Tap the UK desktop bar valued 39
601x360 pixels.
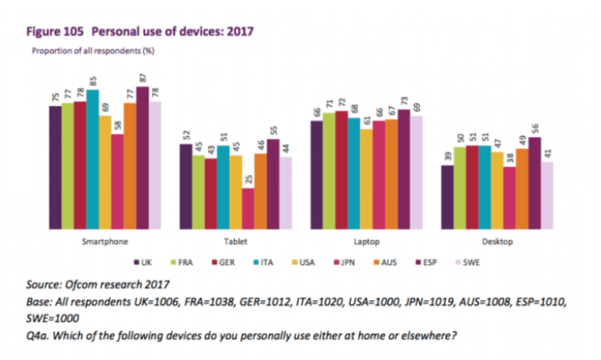click(447, 197)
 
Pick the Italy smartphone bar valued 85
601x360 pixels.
click(93, 159)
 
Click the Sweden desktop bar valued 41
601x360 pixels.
click(546, 195)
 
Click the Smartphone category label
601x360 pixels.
click(104, 242)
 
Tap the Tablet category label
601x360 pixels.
click(236, 242)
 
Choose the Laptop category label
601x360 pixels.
click(366, 242)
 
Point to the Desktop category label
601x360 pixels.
click(497, 242)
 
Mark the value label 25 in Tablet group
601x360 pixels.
click(247, 180)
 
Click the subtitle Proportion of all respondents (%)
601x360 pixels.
click(93, 50)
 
